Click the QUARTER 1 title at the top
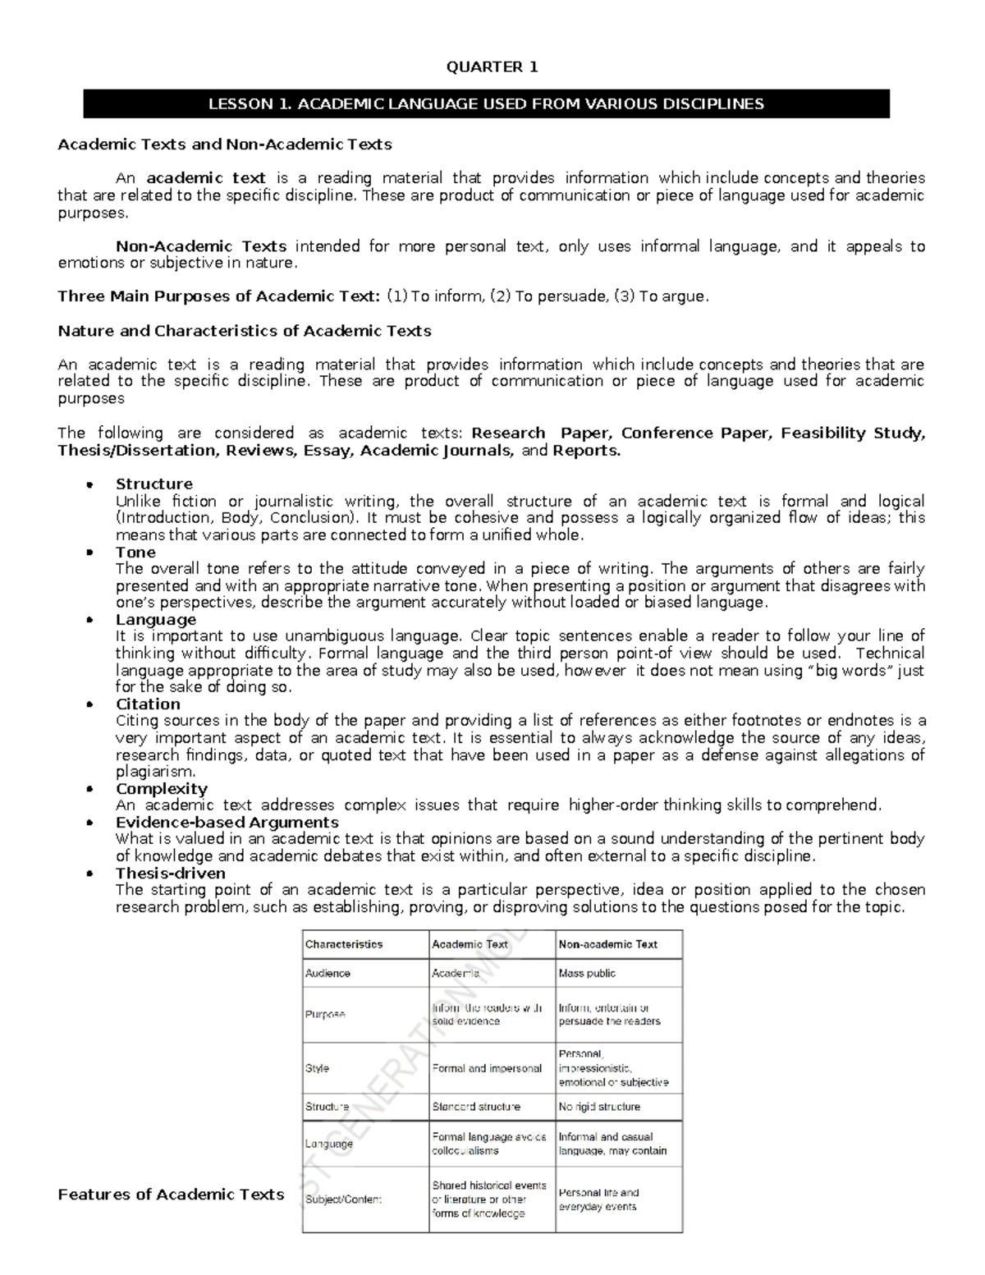[492, 67]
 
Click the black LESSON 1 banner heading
[486, 104]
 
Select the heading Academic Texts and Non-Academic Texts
[224, 144]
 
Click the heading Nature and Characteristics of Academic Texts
[244, 331]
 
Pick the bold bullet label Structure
[153, 484]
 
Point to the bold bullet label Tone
[135, 552]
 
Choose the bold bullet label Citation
[148, 704]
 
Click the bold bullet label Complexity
[161, 788]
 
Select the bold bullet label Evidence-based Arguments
[227, 822]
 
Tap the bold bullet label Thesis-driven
[170, 873]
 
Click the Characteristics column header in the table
[344, 944]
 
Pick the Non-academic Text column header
[607, 944]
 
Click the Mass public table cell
[587, 973]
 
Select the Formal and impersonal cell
[487, 1068]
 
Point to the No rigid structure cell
[599, 1107]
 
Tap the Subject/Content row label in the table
[343, 1199]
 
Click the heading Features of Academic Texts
[171, 1195]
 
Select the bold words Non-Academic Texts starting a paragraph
[200, 246]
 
